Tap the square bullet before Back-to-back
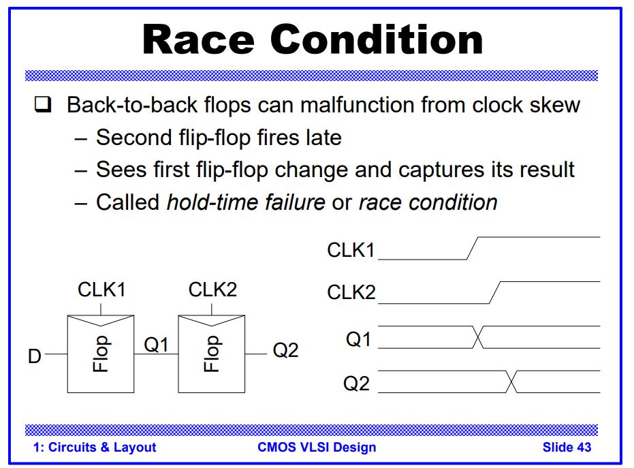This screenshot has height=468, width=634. point(43,106)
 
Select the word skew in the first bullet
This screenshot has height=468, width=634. point(553,105)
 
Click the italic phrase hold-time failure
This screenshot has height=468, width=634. point(246,202)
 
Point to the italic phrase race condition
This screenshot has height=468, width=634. point(428,202)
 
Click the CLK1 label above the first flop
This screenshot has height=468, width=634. point(101,290)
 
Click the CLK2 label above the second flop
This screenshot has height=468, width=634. point(212,290)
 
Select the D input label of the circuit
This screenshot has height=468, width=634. point(35,356)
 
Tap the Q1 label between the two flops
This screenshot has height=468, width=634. point(156,345)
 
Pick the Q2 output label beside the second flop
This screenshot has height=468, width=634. point(285,351)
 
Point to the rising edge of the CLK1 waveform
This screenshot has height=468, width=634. point(473,248)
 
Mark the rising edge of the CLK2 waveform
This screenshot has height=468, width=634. point(495,293)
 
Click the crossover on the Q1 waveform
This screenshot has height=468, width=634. point(479,337)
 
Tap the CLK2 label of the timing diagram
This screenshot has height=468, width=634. point(351,293)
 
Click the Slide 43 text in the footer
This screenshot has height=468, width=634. point(567,448)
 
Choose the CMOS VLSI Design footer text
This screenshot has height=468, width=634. point(317,448)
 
